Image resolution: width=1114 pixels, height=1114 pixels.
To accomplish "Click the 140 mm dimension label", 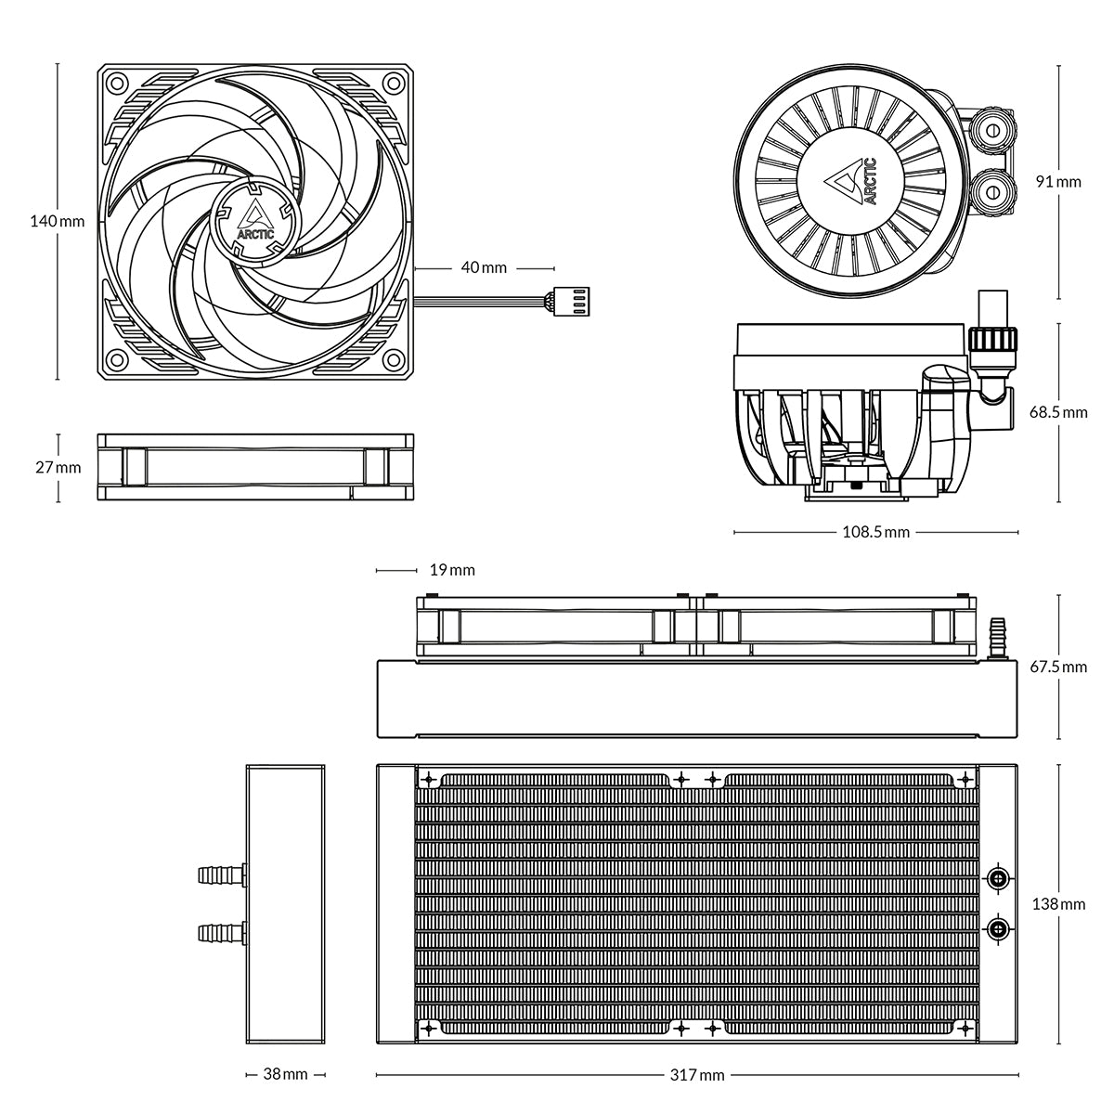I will (x=57, y=222).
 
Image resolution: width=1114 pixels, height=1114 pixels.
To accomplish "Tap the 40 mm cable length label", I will (x=484, y=267).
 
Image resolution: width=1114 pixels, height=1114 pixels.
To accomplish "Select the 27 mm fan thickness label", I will (x=58, y=467).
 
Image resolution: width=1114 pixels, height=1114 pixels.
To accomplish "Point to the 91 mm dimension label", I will (x=1058, y=182).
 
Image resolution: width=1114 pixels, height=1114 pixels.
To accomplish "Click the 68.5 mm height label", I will (x=1058, y=412).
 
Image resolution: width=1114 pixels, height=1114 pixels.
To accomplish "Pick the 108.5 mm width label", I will (x=875, y=533).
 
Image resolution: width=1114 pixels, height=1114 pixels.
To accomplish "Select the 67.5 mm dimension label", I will (x=1058, y=667).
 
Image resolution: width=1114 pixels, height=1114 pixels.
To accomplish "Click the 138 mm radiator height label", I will (x=1058, y=903).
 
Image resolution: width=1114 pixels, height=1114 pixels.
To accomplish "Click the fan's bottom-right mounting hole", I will (x=394, y=361).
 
